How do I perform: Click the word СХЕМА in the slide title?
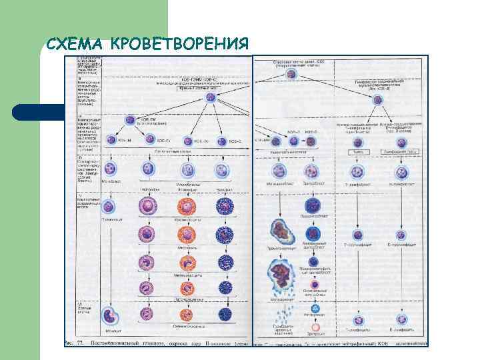(75, 44)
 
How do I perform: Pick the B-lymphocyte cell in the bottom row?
(401, 319)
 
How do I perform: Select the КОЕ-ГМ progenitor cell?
(130, 121)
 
